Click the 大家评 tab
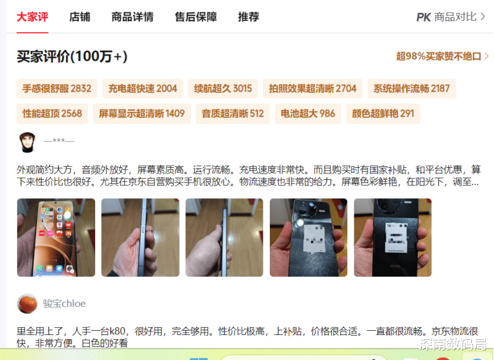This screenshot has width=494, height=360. (x=33, y=17)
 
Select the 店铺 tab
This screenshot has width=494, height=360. (x=80, y=17)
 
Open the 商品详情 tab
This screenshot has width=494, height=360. (x=133, y=17)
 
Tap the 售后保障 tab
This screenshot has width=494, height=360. (x=196, y=17)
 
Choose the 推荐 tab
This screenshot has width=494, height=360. (x=248, y=17)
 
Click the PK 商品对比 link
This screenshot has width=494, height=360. (x=451, y=17)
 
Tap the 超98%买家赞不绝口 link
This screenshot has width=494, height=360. (x=442, y=57)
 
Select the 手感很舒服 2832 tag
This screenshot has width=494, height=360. (x=56, y=89)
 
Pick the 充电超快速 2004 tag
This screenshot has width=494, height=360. (x=143, y=89)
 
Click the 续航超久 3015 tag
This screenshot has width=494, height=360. (x=223, y=89)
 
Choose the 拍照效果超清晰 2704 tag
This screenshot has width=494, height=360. (x=313, y=89)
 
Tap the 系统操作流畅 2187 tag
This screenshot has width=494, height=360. (x=411, y=89)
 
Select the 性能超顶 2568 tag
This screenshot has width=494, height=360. (x=52, y=114)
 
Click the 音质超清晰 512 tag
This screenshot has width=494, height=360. (x=233, y=114)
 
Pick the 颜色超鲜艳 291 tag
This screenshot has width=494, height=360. (x=383, y=114)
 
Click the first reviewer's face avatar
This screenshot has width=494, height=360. (x=27, y=142)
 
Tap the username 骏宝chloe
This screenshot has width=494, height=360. (x=64, y=303)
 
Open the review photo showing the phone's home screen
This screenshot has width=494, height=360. (x=56, y=237)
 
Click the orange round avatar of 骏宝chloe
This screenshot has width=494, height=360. (x=27, y=303)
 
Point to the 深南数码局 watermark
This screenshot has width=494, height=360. (x=453, y=345)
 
